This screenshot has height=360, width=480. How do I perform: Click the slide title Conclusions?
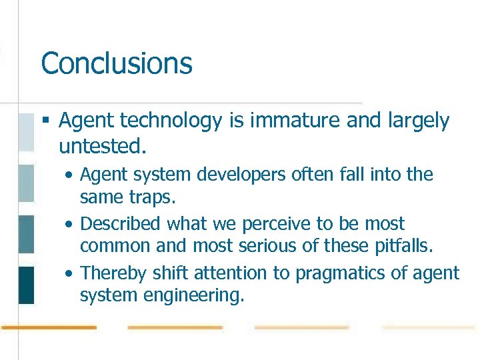pos(117,64)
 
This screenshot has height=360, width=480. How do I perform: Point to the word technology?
pos(157,121)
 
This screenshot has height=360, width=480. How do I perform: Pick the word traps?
pos(155,198)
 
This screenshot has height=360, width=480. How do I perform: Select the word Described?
pos(121,224)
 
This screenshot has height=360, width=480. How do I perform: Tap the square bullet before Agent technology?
pos(45,121)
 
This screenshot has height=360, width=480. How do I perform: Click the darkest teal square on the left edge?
pos(25,285)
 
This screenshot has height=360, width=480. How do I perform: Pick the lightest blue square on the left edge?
pos(25,132)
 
